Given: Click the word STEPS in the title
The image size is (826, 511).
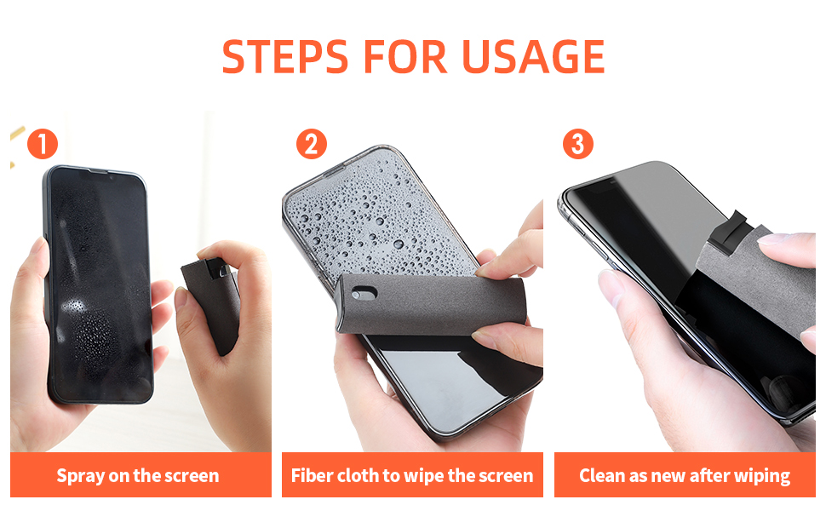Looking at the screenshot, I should pyautogui.click(x=284, y=55).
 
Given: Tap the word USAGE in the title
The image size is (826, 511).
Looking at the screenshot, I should pyautogui.click(x=533, y=55).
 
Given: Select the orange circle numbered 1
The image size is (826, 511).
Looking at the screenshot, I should pyautogui.click(x=42, y=144).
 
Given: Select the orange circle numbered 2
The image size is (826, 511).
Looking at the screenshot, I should pyautogui.click(x=312, y=144).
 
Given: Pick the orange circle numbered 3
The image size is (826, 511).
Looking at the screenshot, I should pyautogui.click(x=578, y=144).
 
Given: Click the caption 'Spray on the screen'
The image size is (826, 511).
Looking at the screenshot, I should pyautogui.click(x=138, y=475).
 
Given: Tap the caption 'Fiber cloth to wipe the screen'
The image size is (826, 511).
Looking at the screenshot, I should pyautogui.click(x=412, y=475).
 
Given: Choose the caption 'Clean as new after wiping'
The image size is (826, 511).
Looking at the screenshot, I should pyautogui.click(x=685, y=475).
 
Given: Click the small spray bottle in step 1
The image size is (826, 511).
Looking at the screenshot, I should pyautogui.click(x=209, y=294).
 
